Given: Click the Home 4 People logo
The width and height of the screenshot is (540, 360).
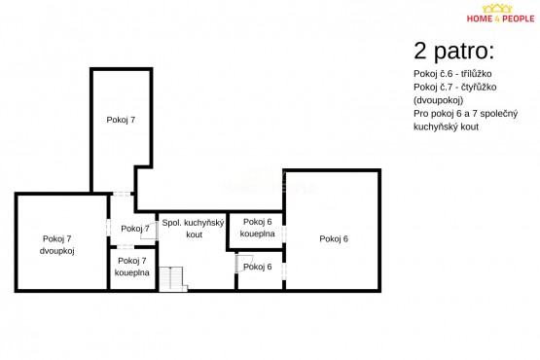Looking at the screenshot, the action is point(500,14).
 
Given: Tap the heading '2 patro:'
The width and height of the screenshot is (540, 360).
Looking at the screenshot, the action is point(453,51).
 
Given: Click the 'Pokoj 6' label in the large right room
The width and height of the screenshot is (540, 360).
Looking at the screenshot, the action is point(334,238).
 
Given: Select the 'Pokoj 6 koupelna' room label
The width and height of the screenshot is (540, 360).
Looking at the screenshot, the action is point(257,228).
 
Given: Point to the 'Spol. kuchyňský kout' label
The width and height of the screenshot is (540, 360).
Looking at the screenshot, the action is point(194,229).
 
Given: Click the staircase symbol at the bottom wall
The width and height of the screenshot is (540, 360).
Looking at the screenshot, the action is point(172,279).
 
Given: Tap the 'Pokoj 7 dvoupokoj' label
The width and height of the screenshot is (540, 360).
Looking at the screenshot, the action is point(56,244).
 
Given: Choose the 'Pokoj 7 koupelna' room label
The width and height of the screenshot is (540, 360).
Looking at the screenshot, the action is point(132,267).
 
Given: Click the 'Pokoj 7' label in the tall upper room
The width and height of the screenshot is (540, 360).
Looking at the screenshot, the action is point(121,120).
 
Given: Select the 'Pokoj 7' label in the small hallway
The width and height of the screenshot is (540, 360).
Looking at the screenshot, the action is point(135,229).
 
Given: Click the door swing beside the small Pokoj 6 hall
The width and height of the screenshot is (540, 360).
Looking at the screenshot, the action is point(244,264).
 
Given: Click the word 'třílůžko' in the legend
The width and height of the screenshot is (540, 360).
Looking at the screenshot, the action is point(477,74).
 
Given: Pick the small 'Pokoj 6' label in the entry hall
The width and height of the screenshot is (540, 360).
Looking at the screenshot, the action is point(257,267).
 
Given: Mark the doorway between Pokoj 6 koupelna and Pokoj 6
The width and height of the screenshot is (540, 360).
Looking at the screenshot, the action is point(284,234).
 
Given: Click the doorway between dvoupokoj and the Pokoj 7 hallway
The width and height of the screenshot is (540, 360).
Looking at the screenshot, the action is point(108,228).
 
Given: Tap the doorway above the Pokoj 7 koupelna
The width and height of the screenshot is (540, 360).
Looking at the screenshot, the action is point(125,247).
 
